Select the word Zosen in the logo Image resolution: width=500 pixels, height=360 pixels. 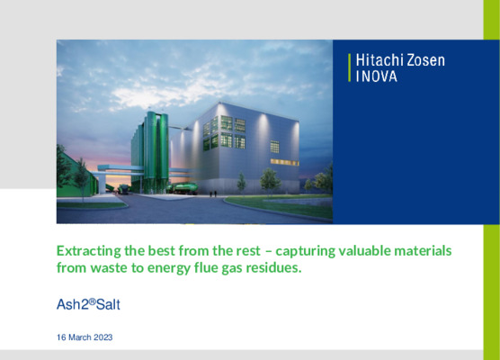coord(424,60)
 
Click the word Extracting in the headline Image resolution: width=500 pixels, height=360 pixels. coord(89,249)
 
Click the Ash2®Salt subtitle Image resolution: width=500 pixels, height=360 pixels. coord(88,305)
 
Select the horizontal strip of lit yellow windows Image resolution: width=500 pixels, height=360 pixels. coord(283,161)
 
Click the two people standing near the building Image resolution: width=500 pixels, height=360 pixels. coord(212,193)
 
